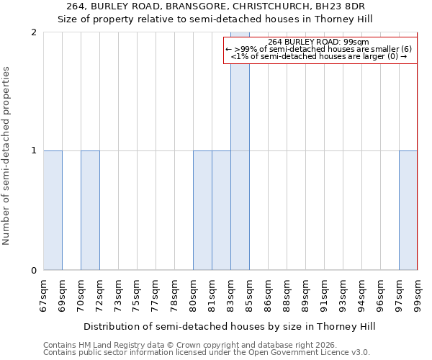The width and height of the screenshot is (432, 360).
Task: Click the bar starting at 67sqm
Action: (53, 210)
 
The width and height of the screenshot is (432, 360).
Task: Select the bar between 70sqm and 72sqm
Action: (90, 210)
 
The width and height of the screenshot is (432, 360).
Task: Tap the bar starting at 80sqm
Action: (202, 210)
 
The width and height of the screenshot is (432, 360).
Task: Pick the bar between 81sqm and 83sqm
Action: (221, 210)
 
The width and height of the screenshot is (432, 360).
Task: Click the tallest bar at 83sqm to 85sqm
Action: (240, 151)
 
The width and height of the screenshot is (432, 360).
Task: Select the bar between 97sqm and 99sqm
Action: (408, 210)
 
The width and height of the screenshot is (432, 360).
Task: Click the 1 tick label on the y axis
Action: (33, 150)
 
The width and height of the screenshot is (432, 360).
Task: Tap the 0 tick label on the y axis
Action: (33, 270)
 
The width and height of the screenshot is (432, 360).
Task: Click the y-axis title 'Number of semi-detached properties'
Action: (7, 156)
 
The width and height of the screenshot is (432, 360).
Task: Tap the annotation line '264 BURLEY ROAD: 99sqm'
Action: (318, 42)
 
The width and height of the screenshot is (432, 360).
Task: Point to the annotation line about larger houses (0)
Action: (318, 57)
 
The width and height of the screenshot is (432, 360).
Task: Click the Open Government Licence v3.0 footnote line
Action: (207, 353)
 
